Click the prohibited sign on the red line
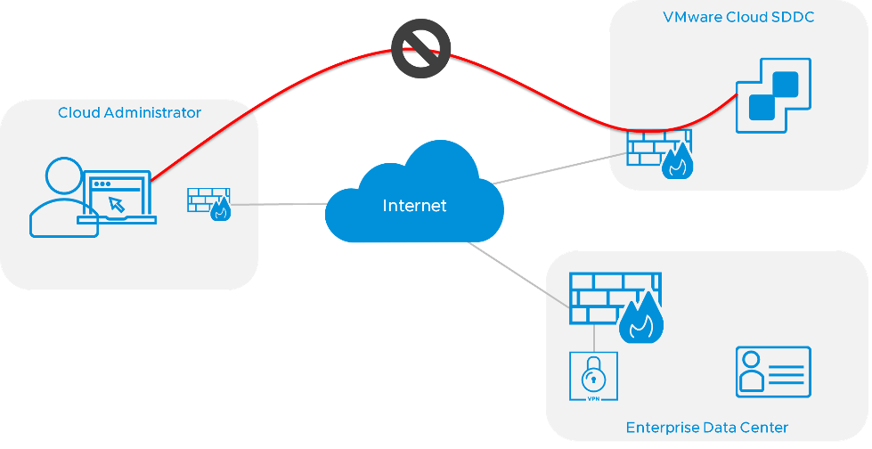point(421,48)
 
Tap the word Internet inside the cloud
point(414,206)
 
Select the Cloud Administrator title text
point(129,113)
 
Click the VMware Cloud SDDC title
point(738,18)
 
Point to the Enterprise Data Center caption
point(706,427)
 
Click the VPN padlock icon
point(592,376)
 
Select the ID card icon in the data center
point(772,371)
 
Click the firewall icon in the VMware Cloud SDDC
point(658,153)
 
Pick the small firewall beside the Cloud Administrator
point(209,203)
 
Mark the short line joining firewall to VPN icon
point(592,337)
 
